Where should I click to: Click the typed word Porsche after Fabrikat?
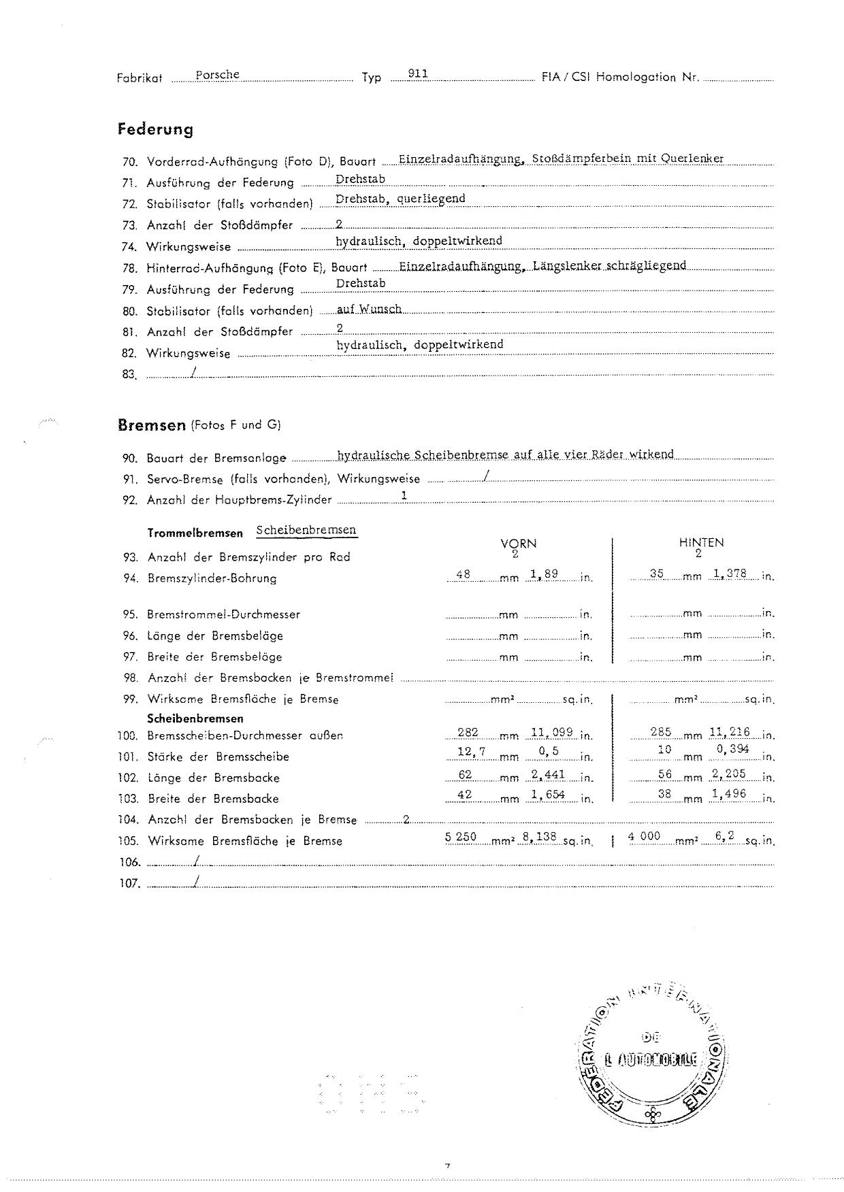[x=217, y=75]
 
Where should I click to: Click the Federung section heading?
[x=155, y=129]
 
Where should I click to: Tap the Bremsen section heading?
[x=152, y=426]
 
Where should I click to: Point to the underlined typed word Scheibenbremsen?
[x=306, y=530]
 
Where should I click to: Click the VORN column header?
[x=518, y=544]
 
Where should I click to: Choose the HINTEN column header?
[x=701, y=543]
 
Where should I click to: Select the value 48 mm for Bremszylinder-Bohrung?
[x=464, y=574]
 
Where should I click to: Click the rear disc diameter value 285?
[x=661, y=732]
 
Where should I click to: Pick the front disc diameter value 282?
[x=468, y=733]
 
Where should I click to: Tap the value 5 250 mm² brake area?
[x=461, y=837]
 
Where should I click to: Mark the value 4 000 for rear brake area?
[x=644, y=837]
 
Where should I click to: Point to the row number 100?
[x=127, y=735]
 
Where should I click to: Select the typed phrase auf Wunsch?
[x=370, y=309]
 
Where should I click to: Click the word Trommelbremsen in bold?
[x=195, y=533]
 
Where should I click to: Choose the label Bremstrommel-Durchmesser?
[x=223, y=614]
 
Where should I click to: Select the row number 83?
[x=129, y=374]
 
